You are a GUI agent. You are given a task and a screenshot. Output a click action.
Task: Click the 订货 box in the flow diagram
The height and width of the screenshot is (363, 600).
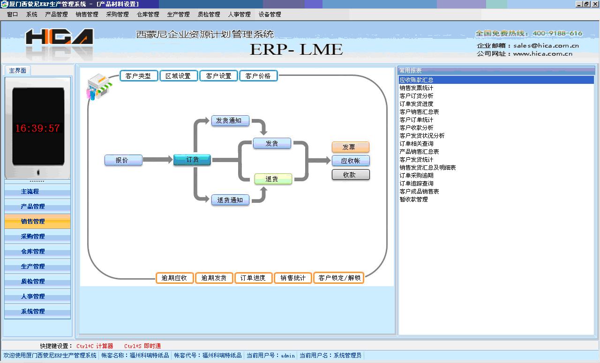tap(192, 160)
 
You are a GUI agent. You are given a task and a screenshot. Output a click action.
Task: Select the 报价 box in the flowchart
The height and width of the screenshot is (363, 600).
tap(123, 160)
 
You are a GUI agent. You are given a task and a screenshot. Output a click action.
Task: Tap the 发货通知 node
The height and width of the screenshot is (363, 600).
tap(230, 120)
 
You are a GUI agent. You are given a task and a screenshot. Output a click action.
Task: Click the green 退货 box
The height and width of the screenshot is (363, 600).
tap(273, 179)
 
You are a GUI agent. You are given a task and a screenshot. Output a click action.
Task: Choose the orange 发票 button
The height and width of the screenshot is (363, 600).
tap(350, 147)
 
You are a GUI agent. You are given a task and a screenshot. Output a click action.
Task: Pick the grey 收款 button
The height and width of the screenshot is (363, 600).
tap(350, 175)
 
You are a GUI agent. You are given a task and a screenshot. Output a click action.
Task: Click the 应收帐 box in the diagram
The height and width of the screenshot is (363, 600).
tap(350, 161)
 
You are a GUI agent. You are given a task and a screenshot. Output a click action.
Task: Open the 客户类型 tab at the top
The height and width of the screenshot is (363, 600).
tap(138, 76)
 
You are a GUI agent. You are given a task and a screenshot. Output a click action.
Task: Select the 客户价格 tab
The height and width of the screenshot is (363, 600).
tap(258, 76)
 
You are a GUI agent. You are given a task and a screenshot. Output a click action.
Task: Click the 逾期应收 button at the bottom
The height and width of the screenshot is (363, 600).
tap(174, 278)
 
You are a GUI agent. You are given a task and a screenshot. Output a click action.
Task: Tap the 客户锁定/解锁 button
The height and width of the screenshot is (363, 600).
tap(339, 278)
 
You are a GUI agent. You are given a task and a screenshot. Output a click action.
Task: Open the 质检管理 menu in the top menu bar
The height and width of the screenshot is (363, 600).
tap(209, 15)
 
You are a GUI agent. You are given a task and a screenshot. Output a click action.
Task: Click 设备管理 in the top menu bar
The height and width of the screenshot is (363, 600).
tap(270, 15)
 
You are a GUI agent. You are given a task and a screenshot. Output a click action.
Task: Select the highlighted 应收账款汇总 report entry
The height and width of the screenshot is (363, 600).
tap(417, 80)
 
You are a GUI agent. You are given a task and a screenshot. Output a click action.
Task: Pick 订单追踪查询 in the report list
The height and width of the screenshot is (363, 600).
tap(417, 184)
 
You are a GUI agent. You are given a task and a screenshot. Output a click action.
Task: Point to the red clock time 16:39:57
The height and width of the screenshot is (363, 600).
tap(37, 128)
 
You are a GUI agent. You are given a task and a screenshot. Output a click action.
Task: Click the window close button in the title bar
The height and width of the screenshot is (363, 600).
tap(594, 4)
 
